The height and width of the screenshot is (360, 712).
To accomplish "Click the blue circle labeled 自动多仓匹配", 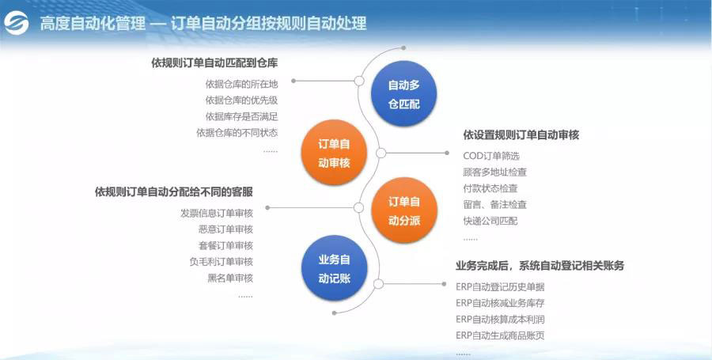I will point(403,93).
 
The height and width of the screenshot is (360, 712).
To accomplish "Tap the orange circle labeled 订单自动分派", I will point(403,210).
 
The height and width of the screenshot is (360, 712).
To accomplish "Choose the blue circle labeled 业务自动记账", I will point(334,269).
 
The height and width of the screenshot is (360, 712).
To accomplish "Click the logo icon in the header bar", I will point(17,23).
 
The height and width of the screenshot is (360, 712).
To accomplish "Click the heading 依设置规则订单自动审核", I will point(521,135).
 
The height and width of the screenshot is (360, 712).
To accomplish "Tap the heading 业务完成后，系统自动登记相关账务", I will point(540,265).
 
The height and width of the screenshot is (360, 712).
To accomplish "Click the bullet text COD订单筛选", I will point(491,156).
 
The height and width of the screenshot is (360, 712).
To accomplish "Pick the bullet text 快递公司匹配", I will point(490,221).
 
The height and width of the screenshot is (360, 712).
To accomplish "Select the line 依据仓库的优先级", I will point(241,100).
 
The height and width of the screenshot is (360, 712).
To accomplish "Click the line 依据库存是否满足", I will point(241,116).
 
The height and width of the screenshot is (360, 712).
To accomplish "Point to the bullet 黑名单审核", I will point(230,278).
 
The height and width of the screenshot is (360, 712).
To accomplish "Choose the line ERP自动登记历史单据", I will point(500,286).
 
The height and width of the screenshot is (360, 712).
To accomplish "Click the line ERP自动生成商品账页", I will point(500,335).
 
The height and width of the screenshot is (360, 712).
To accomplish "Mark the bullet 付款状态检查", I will point(490,188).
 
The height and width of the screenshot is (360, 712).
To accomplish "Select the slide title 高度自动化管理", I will point(93,24).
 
